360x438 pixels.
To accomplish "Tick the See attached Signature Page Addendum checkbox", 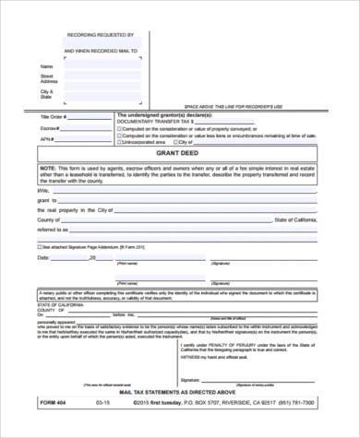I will [x=40, y=247].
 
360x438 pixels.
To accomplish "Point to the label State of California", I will [x=301, y=221].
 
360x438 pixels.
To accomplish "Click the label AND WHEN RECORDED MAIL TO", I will [x=101, y=51].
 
